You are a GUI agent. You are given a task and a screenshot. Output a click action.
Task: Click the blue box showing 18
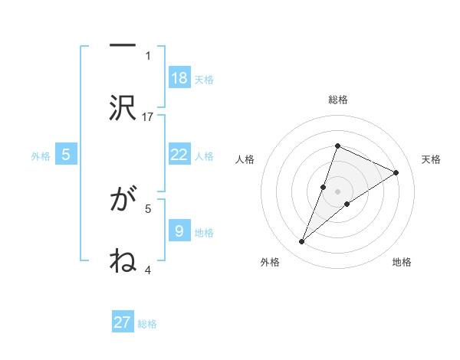pyautogui.click(x=179, y=78)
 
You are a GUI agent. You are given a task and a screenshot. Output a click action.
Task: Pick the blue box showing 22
pyautogui.click(x=179, y=155)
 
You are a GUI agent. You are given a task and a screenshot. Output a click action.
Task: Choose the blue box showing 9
pyautogui.click(x=179, y=231)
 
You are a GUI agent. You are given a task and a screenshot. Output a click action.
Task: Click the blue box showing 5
pyautogui.click(x=66, y=155)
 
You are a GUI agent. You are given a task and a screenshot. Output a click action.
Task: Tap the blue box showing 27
pyautogui.click(x=123, y=322)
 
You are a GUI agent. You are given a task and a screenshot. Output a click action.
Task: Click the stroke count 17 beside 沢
pyautogui.click(x=148, y=116)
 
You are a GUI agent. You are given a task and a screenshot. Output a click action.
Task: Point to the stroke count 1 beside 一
pyautogui.click(x=148, y=55)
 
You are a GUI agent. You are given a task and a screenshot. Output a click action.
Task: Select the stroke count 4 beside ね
pyautogui.click(x=148, y=269)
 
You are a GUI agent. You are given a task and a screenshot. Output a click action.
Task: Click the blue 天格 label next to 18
pyautogui.click(x=204, y=80)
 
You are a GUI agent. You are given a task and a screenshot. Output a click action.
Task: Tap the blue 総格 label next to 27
pyautogui.click(x=147, y=324)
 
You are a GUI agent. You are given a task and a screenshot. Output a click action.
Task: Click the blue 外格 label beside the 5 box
pyautogui.click(x=41, y=156)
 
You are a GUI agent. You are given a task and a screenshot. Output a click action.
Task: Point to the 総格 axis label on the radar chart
pyautogui.click(x=337, y=100)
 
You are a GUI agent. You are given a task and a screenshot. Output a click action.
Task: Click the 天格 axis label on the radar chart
pyautogui.click(x=432, y=159)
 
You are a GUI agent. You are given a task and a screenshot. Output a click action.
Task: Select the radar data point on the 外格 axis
pyautogui.click(x=302, y=242)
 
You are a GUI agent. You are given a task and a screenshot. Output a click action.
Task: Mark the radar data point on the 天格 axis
pyautogui.click(x=396, y=173)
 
